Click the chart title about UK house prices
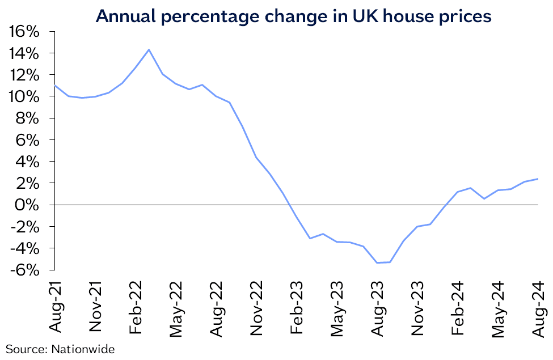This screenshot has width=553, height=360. click(293, 16)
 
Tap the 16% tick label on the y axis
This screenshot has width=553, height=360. click(24, 32)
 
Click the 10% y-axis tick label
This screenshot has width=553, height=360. click(24, 96)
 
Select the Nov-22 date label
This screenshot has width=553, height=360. click(257, 307)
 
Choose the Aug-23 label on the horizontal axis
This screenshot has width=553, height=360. click(378, 306)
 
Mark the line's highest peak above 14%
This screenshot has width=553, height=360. click(149, 49)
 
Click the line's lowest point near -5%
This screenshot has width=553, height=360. click(377, 262)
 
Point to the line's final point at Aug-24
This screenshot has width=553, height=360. click(538, 179)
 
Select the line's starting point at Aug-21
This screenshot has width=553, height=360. click(55, 85)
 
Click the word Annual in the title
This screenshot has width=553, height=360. click(126, 16)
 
